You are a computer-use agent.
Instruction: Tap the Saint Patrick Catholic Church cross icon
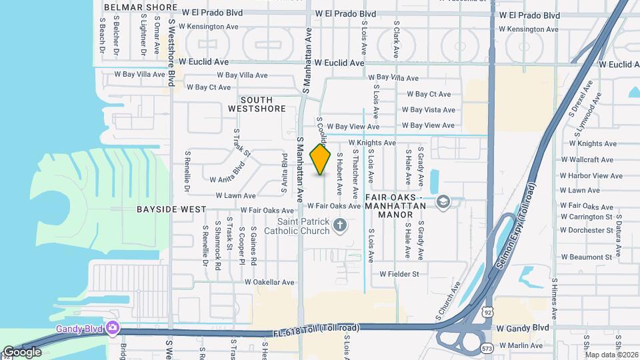coord(339,225)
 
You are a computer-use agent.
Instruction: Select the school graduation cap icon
coord(443,202)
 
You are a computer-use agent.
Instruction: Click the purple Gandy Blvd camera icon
coord(113,327)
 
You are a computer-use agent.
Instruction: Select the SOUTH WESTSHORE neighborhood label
coord(257,104)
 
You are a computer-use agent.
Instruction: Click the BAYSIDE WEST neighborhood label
coord(171,209)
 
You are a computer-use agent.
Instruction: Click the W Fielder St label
coord(399,274)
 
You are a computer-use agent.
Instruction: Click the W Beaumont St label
coord(586,257)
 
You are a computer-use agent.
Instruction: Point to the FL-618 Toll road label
coord(316,329)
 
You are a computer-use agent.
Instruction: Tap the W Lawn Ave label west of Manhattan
coord(235,196)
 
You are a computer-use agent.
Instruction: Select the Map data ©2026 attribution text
coord(611,355)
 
